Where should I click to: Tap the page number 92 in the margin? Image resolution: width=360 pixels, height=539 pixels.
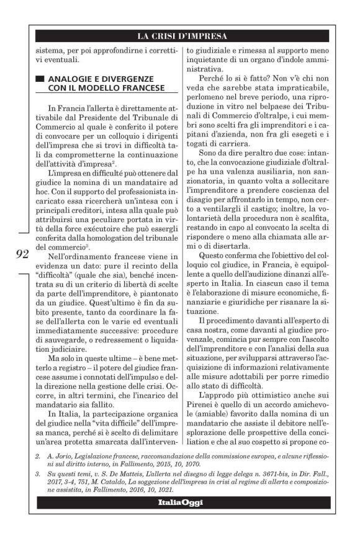click(x=22, y=253)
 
